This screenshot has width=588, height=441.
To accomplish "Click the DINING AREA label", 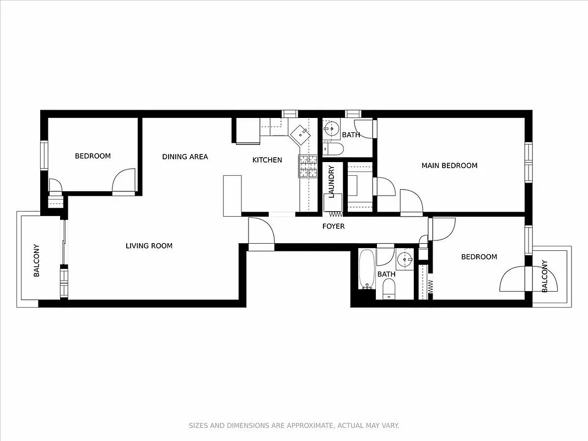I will pyautogui.click(x=185, y=157).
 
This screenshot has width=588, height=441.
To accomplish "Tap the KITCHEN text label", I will pyautogui.click(x=267, y=160).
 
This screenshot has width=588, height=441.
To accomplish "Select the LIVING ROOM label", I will pyautogui.click(x=149, y=246).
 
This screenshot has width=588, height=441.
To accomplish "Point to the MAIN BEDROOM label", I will pyautogui.click(x=449, y=165).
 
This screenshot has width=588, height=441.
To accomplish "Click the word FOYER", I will pyautogui.click(x=333, y=227).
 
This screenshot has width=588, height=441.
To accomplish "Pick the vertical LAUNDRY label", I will pyautogui.click(x=331, y=181).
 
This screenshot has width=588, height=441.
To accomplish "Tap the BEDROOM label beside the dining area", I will pyautogui.click(x=93, y=156).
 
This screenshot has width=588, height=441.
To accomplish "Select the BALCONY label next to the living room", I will pyautogui.click(x=36, y=260).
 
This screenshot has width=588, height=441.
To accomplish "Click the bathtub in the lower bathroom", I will pyautogui.click(x=366, y=270).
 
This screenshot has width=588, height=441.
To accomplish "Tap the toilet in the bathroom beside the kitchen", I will pyautogui.click(x=332, y=149).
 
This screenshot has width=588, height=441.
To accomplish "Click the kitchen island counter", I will pyautogui.click(x=232, y=196).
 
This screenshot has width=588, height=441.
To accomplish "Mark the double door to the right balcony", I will pyautogui.click(x=513, y=279).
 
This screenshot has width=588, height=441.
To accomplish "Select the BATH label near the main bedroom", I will pyautogui.click(x=350, y=135).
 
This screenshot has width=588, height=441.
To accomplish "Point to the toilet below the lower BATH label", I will pyautogui.click(x=389, y=289).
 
